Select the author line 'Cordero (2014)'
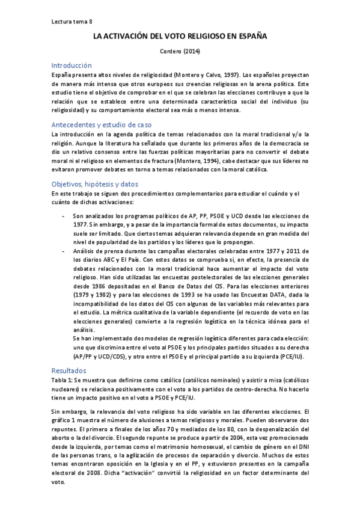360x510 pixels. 180,52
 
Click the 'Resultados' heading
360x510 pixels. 69,371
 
